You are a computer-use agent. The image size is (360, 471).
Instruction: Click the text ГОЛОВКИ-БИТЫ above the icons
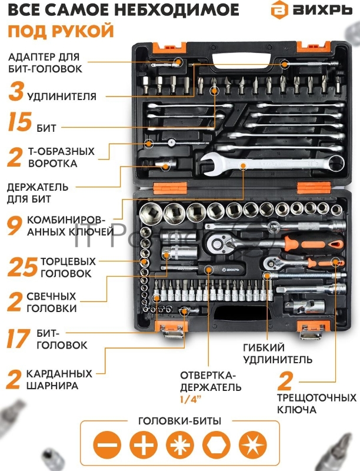tap(179, 421)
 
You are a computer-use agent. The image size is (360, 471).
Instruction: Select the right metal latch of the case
tap(309, 333)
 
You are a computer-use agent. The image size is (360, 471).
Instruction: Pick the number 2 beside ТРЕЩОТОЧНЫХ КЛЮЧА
tap(285, 383)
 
